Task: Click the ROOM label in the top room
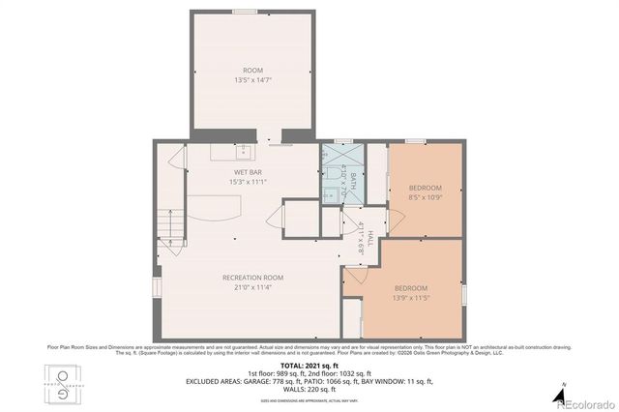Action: pos(252,70)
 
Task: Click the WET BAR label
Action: pos(248,171)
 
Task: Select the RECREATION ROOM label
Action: pos(248,276)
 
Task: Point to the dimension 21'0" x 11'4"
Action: pos(248,285)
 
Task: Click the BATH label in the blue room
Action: pos(353,181)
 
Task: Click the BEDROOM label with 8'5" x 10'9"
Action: pos(425,187)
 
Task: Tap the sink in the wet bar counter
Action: pos(242,152)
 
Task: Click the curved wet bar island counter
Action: pos(215,207)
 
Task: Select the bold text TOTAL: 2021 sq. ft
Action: pos(309,365)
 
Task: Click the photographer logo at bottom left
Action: pos(64,382)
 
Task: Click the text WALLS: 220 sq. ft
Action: pos(309,389)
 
